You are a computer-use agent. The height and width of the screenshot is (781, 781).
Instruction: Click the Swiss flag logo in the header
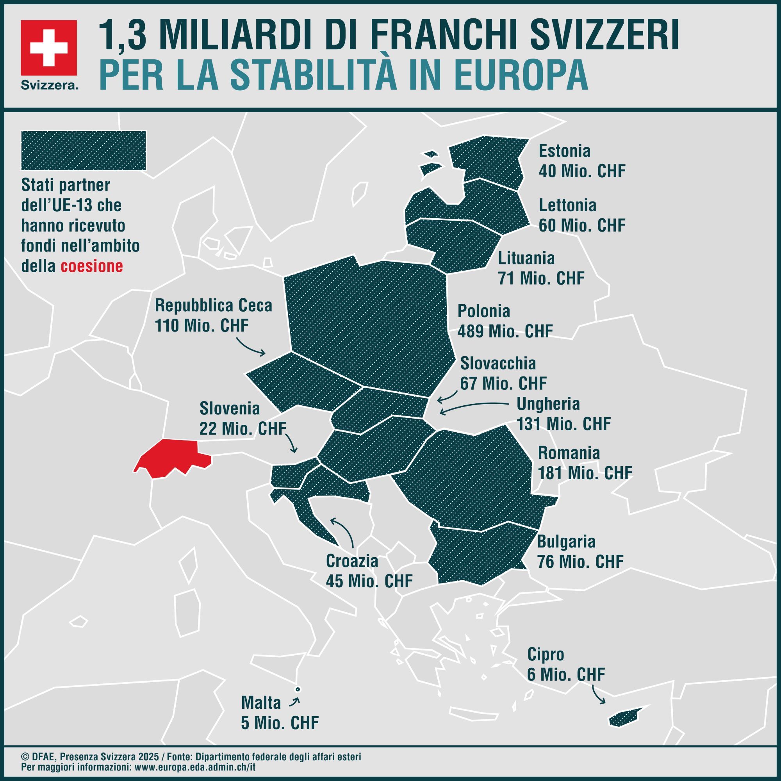coord(49,47)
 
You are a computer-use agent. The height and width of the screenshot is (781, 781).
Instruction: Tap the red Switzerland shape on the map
coord(172,459)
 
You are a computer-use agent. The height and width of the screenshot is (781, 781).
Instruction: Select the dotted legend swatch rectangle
coord(84,150)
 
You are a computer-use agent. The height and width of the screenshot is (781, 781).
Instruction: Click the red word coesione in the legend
coord(92,266)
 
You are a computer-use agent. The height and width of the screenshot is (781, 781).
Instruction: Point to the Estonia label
coord(564,151)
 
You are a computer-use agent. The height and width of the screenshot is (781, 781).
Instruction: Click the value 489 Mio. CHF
coord(505,331)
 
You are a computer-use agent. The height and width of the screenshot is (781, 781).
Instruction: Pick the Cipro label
coord(545,654)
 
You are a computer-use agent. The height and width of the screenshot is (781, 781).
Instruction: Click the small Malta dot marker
coord(298,689)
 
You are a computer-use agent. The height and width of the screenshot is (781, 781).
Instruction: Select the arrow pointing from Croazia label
coord(344,531)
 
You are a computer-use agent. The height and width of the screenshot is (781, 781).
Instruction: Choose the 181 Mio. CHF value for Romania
coord(585,473)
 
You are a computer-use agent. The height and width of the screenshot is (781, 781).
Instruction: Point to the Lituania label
coord(526,258)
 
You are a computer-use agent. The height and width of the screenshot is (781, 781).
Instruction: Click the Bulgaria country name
coord(566,542)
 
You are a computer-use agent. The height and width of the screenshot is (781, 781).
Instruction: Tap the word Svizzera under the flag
coord(49,85)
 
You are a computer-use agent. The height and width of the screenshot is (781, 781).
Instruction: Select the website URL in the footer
coord(195,767)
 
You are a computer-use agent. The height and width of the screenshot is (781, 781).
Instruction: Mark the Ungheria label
coord(548,403)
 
